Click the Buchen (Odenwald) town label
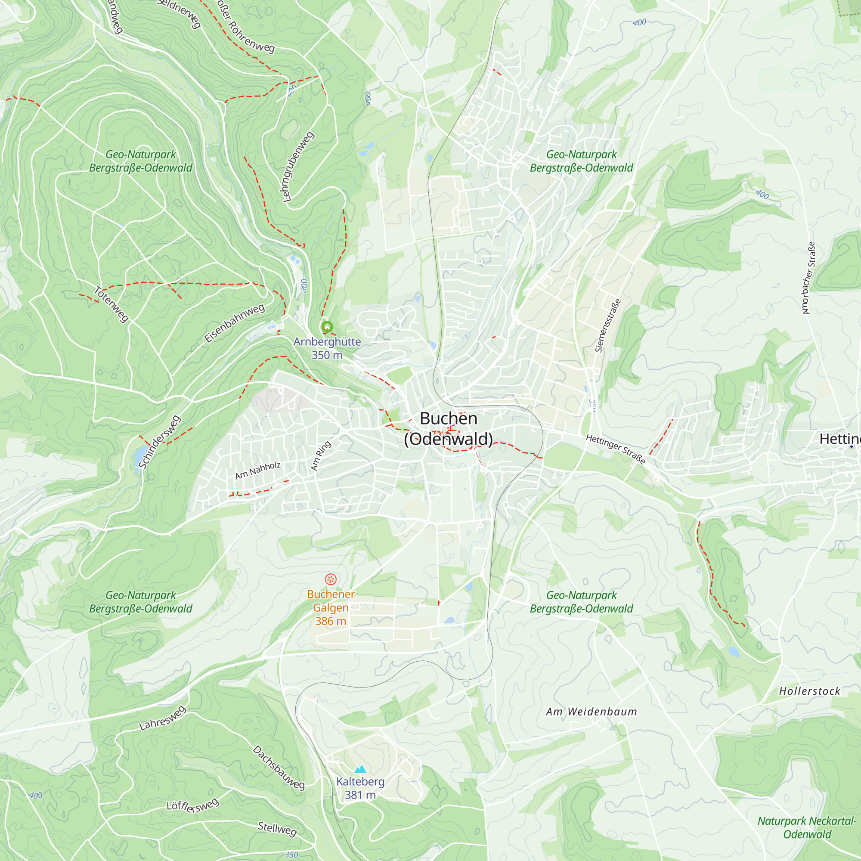pos(448,429)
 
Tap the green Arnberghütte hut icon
pos(327,327)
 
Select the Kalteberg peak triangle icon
pos(360,769)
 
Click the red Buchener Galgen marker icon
pos(330,579)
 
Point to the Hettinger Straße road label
pos(616,449)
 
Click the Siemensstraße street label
pos(608,326)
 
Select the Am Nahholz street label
pos(258,471)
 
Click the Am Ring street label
pos(321,455)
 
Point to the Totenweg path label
pos(111,304)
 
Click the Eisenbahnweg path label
pos(235,323)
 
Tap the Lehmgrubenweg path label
pos(298,167)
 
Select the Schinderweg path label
pos(159,442)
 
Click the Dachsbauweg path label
pos(279,768)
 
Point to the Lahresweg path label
pos(162,719)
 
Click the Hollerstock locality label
pos(809,691)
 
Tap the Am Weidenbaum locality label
pos(592,712)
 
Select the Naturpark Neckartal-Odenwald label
pos(807,827)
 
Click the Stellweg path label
pos(277,829)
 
